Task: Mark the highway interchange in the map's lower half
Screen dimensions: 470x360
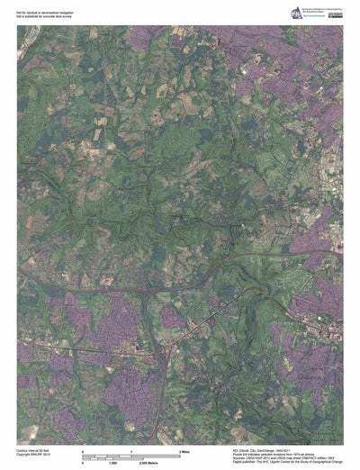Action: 161,290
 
